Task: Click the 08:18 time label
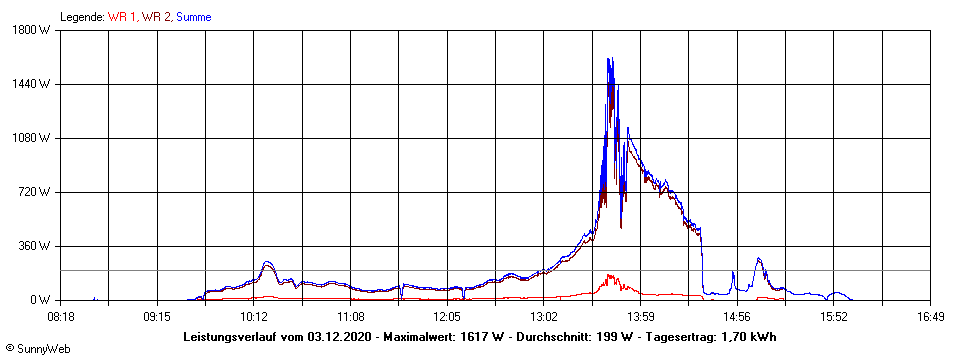(61, 316)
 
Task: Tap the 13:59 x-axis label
(640, 316)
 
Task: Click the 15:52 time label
(833, 316)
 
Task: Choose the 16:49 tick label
(930, 316)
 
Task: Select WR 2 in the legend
(156, 17)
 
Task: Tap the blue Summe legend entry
(193, 17)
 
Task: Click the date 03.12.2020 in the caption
(339, 337)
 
